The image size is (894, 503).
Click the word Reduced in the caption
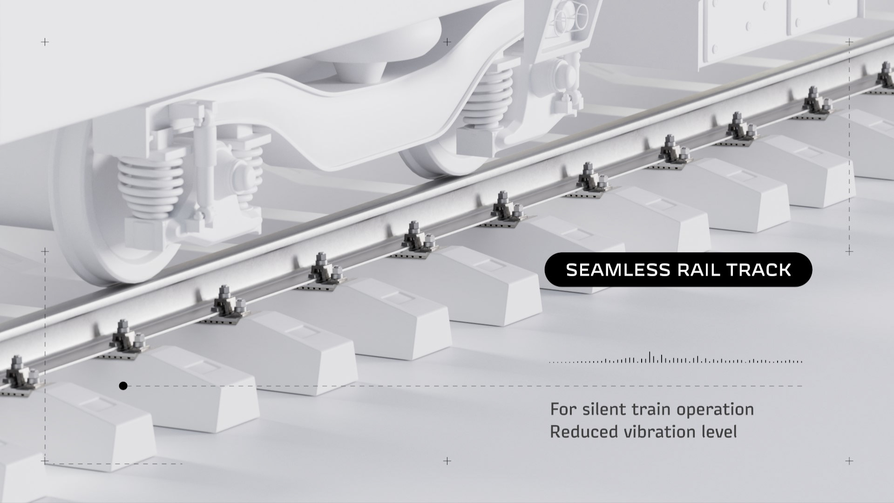pos(578,432)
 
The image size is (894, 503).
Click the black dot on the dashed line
pos(123,386)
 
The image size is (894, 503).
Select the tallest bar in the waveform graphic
pos(650,357)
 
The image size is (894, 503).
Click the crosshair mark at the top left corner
pos(45,42)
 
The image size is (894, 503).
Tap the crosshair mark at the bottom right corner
pos(849,461)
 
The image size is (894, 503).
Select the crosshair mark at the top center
pos(447,42)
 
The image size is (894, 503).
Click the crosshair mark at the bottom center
pos(447,461)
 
